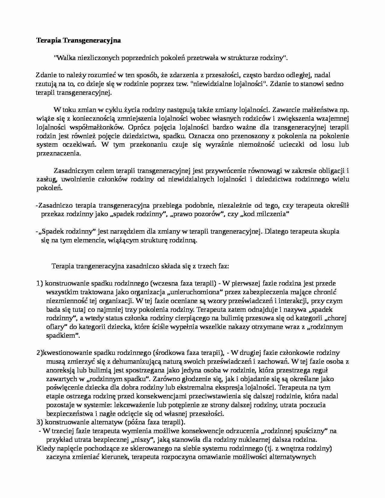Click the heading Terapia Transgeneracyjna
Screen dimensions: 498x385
point(79,41)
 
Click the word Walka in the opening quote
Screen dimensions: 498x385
point(63,58)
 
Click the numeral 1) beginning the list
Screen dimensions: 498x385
point(40,283)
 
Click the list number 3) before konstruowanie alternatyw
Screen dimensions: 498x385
point(40,422)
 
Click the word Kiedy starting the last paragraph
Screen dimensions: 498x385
point(44,448)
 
